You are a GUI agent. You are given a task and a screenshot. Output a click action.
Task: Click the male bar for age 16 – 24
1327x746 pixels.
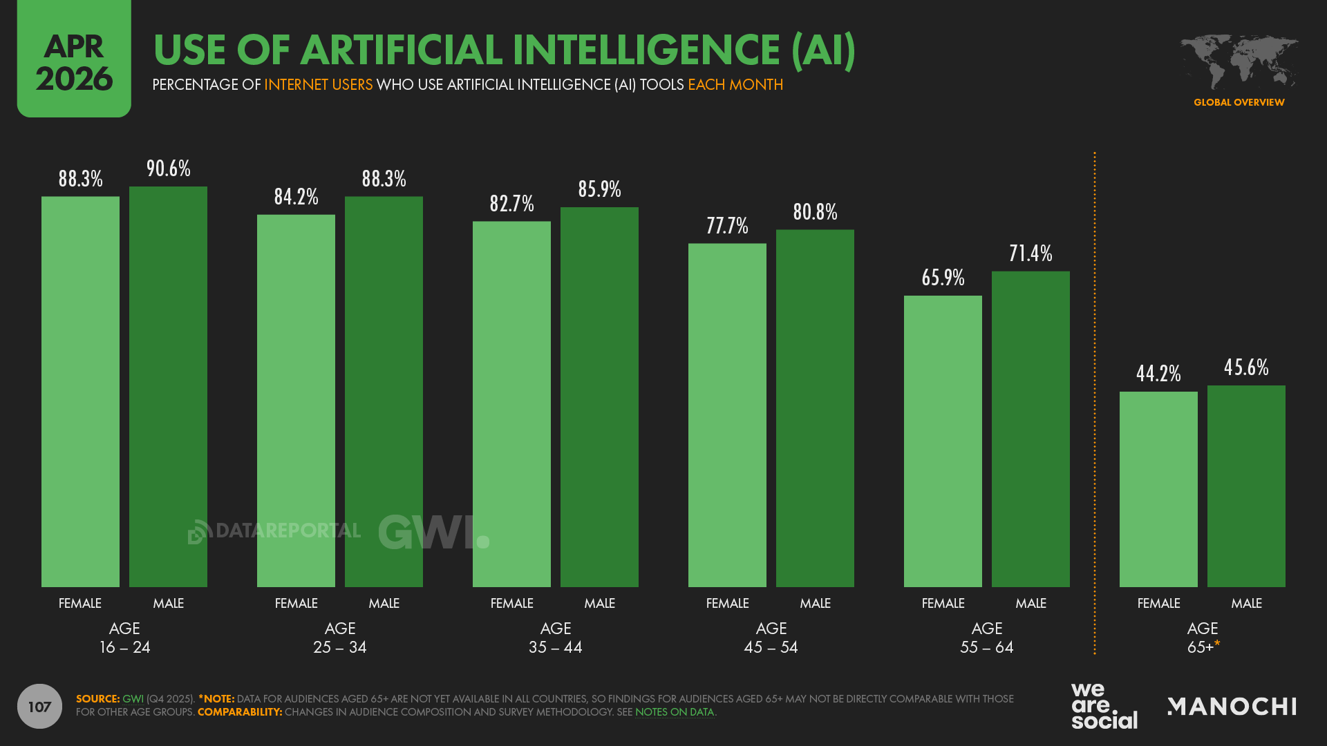click(x=168, y=387)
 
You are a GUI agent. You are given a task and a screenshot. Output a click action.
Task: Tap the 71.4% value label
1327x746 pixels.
click(x=1030, y=254)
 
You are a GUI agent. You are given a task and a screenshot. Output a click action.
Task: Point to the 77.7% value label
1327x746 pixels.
click(x=727, y=226)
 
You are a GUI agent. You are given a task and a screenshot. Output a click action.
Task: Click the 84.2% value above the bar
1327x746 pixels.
click(x=296, y=197)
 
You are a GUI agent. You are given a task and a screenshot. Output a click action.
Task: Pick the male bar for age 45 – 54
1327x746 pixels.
click(x=815, y=408)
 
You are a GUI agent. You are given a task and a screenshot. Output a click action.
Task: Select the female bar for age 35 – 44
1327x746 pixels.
click(x=511, y=404)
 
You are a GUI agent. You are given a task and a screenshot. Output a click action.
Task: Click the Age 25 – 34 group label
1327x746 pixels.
click(x=340, y=638)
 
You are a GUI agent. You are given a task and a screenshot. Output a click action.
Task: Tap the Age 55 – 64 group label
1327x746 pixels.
click(x=986, y=638)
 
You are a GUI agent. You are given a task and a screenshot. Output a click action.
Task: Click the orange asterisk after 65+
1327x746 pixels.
click(x=1217, y=644)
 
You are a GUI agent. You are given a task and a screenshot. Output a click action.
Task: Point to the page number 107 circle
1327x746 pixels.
click(x=39, y=706)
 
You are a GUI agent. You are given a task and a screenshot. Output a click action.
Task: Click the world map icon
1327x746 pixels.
click(x=1239, y=62)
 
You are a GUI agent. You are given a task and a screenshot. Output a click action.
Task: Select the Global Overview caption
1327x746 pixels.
click(x=1239, y=102)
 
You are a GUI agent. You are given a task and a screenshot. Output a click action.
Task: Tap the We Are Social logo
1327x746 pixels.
click(x=1104, y=706)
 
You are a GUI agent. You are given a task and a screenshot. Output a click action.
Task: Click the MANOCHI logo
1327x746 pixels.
click(x=1232, y=706)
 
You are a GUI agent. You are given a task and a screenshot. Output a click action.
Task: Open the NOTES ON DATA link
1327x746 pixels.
click(x=674, y=712)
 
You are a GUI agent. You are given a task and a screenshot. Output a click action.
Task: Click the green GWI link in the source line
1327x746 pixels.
click(x=133, y=699)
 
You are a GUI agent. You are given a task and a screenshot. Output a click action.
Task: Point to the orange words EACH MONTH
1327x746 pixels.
click(x=735, y=85)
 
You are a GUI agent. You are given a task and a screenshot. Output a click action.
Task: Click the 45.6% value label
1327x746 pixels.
click(x=1246, y=367)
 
